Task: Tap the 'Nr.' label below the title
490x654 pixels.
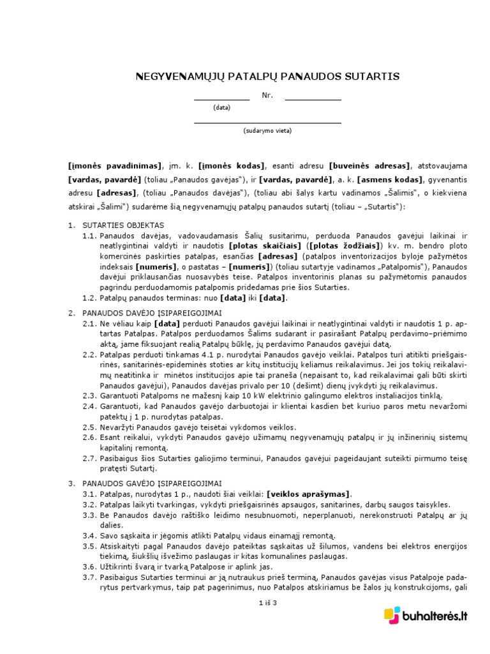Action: (267, 96)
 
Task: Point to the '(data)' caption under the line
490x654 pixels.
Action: (222, 108)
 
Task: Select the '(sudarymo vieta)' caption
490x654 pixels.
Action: (267, 130)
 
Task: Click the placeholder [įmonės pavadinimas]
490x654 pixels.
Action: (115, 165)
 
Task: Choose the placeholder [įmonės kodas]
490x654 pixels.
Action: (232, 165)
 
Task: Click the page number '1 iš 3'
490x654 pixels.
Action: (267, 603)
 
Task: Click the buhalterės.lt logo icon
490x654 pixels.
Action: (392, 616)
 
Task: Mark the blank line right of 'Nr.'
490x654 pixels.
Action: (313, 100)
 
